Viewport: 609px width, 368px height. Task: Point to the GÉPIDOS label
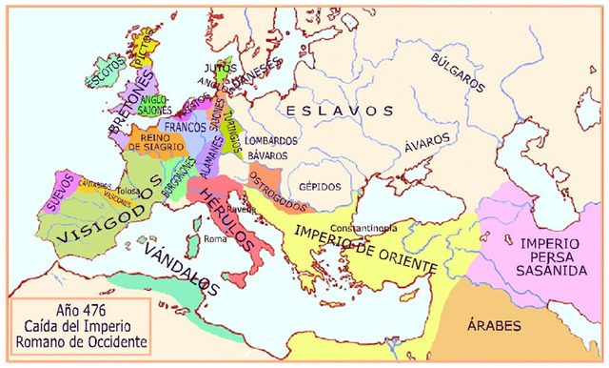[x=320, y=187]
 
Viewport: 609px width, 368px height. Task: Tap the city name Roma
[x=215, y=238]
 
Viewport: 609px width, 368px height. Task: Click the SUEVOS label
[x=64, y=185]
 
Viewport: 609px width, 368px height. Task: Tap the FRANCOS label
[x=187, y=127]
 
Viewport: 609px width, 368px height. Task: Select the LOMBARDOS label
[x=271, y=140]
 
